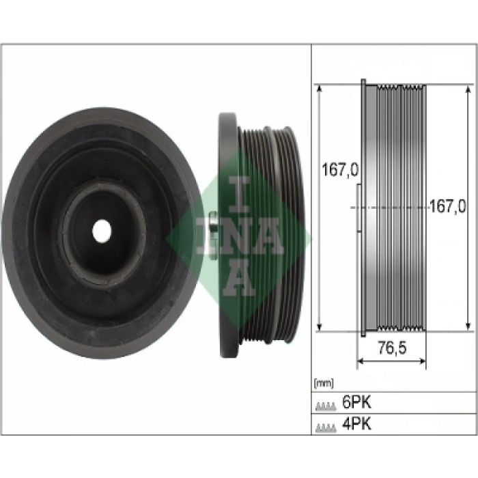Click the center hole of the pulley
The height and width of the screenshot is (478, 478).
pos(102,231)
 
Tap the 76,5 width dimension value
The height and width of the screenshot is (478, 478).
pos(391,348)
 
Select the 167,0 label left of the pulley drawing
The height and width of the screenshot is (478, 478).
pos(340,171)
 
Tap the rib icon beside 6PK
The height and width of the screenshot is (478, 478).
pos(326,406)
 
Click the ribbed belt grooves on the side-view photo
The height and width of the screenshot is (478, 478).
pos(259,232)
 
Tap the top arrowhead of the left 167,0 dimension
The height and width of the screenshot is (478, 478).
pos(319,87)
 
